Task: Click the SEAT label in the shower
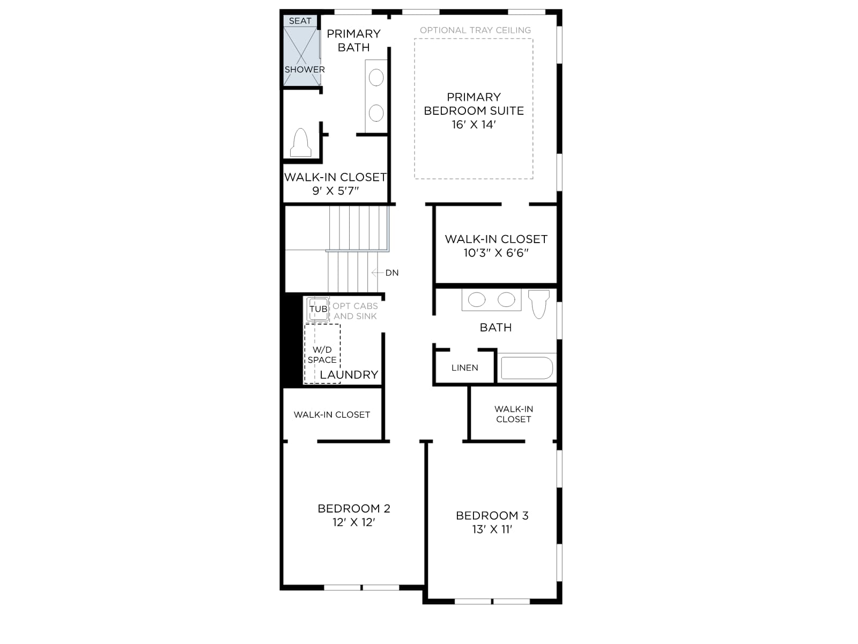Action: coord(300,21)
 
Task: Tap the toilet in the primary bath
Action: coord(301,143)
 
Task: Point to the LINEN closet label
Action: coord(464,368)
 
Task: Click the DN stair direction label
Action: coord(391,273)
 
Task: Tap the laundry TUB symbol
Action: coord(318,309)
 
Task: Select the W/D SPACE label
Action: coord(322,355)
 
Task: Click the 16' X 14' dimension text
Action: coord(474,125)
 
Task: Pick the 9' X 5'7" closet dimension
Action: coord(335,191)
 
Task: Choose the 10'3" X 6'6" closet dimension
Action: coord(496,253)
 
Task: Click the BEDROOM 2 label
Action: coord(354,508)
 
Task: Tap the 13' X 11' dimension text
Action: coord(492,530)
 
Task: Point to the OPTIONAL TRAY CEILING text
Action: coord(475,30)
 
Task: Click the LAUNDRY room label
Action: coord(349,375)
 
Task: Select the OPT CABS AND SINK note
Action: coord(356,311)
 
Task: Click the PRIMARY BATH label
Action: coord(354,41)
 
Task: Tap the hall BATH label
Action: coord(495,327)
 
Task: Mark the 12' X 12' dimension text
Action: coord(354,522)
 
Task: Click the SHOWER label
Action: coord(305,70)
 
